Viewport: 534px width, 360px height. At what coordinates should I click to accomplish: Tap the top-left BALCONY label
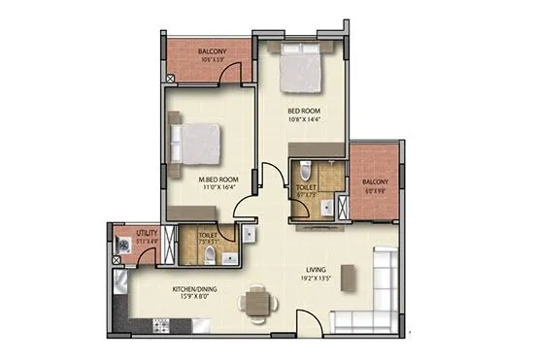pyautogui.click(x=213, y=51)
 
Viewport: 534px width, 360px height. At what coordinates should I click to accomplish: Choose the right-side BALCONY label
pyautogui.click(x=375, y=181)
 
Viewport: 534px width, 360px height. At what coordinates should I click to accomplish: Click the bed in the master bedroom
pyautogui.click(x=199, y=143)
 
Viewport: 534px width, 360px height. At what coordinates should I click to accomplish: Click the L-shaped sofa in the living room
pyautogui.click(x=373, y=291)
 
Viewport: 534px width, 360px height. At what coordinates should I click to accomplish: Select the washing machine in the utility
pyautogui.click(x=122, y=245)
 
